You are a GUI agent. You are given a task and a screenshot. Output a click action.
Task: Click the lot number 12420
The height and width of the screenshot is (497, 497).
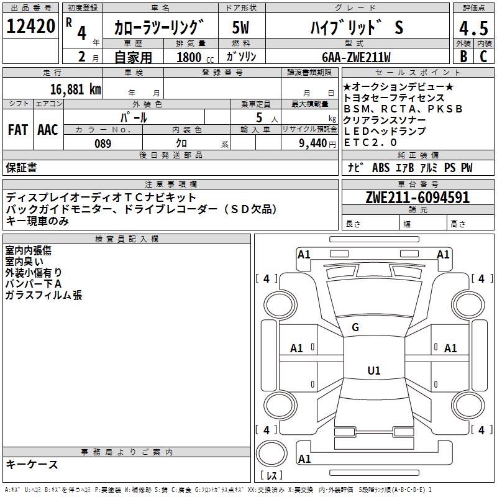tap(30, 26)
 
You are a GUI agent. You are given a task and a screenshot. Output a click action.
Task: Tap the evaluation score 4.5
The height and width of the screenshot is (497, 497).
tap(472, 27)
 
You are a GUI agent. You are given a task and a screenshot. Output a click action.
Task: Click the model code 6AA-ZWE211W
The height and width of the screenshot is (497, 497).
tap(356, 57)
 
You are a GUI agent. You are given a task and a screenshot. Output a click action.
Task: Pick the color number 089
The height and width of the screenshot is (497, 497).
tap(103, 144)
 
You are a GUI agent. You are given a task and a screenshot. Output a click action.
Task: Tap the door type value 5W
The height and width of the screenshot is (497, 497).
tap(240, 27)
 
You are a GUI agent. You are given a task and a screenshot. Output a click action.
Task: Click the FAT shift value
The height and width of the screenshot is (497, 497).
tap(17, 130)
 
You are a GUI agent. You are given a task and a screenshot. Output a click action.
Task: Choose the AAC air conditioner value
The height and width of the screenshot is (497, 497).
tap(48, 130)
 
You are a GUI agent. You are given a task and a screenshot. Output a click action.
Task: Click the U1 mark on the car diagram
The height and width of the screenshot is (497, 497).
tap(374, 371)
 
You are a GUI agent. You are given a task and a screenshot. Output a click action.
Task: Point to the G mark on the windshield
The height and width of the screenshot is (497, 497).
tap(355, 327)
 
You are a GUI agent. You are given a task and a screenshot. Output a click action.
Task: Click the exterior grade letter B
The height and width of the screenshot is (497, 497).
tap(463, 57)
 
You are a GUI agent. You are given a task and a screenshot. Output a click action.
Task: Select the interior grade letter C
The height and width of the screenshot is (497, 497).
tap(483, 57)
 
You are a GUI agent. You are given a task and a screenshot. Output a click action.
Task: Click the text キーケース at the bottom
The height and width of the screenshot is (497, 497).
tap(32, 465)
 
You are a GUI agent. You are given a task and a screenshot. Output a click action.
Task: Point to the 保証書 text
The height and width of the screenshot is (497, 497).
tap(21, 167)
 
